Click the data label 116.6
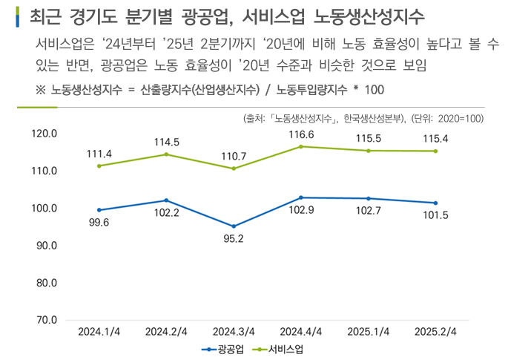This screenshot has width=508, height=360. (300, 134)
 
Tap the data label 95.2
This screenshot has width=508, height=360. (234, 239)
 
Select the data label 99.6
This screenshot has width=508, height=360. (99, 222)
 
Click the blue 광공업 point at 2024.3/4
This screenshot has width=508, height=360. (234, 226)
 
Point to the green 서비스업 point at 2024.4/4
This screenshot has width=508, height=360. (300, 147)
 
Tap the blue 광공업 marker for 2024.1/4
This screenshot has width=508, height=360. (99, 210)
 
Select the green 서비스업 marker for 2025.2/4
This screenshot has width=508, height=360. (435, 151)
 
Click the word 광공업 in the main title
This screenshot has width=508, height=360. (205, 16)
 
